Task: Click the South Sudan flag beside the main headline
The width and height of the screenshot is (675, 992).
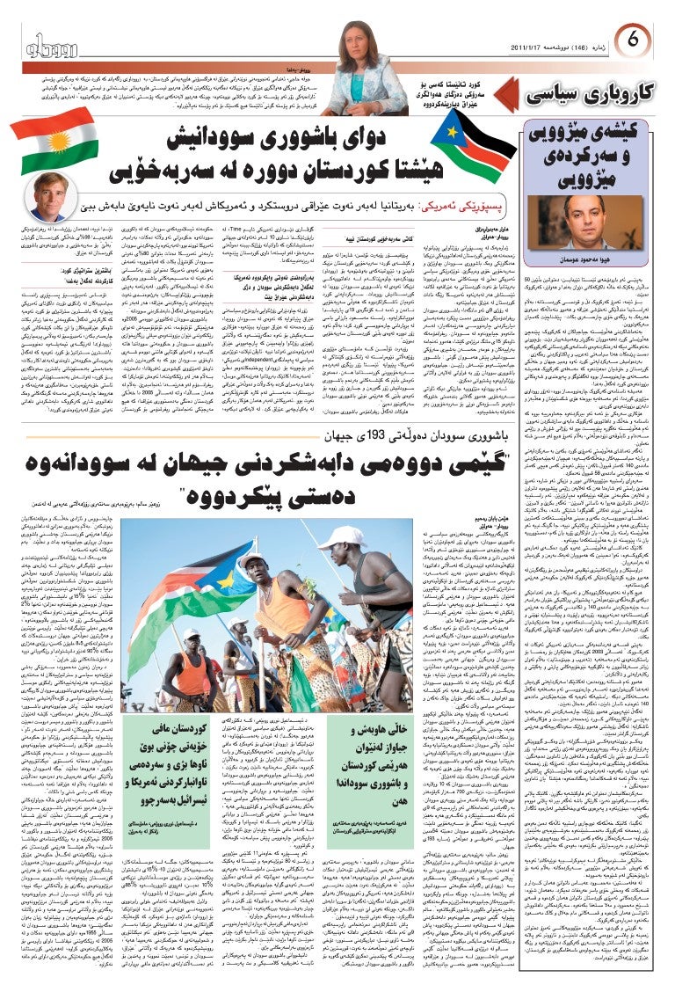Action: coord(465,141)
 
